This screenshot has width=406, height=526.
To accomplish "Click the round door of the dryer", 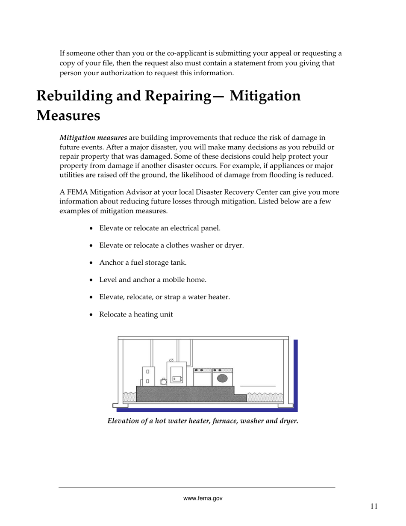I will pyautogui.click(x=222, y=378).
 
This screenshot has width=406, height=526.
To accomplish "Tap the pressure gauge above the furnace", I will pyautogui.click(x=171, y=361).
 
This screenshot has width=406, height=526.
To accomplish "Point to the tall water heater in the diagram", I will pyautogui.click(x=148, y=376).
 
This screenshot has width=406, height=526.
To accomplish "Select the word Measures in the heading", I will pyautogui.click(x=68, y=115).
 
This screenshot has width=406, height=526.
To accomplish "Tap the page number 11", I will pyautogui.click(x=374, y=507).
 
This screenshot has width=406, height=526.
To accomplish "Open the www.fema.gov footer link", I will pyautogui.click(x=203, y=498).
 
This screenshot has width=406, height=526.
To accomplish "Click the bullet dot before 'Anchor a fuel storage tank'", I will pyautogui.click(x=91, y=263).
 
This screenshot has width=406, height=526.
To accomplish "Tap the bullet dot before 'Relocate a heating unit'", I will pyautogui.click(x=91, y=315).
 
